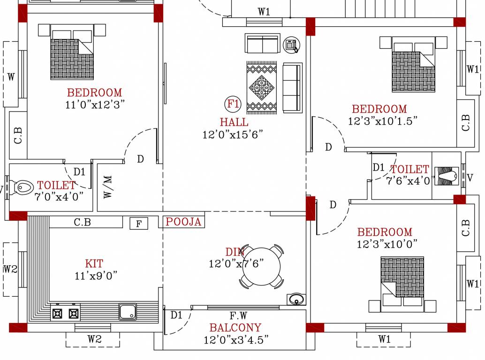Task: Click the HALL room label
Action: pyautogui.click(x=234, y=122)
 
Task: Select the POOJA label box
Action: pyautogui.click(x=183, y=222)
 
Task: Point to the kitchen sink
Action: pyautogui.click(x=128, y=311)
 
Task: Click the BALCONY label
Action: pyautogui.click(x=235, y=328)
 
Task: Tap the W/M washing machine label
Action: pyautogui.click(x=108, y=187)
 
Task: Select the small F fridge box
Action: pyautogui.click(x=139, y=224)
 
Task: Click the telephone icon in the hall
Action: pyautogui.click(x=291, y=44)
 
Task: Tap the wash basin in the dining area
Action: pyautogui.click(x=296, y=299)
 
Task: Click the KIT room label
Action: pyautogui.click(x=94, y=264)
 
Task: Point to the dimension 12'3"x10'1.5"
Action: pyautogui.click(x=383, y=121)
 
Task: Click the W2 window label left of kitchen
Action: pyautogui.click(x=10, y=270)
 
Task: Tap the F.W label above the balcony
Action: pyautogui.click(x=239, y=315)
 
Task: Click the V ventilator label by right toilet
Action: pyautogui.click(x=470, y=178)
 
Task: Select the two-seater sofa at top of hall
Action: pyautogui.click(x=263, y=44)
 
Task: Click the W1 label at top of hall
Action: pyautogui.click(x=264, y=12)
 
